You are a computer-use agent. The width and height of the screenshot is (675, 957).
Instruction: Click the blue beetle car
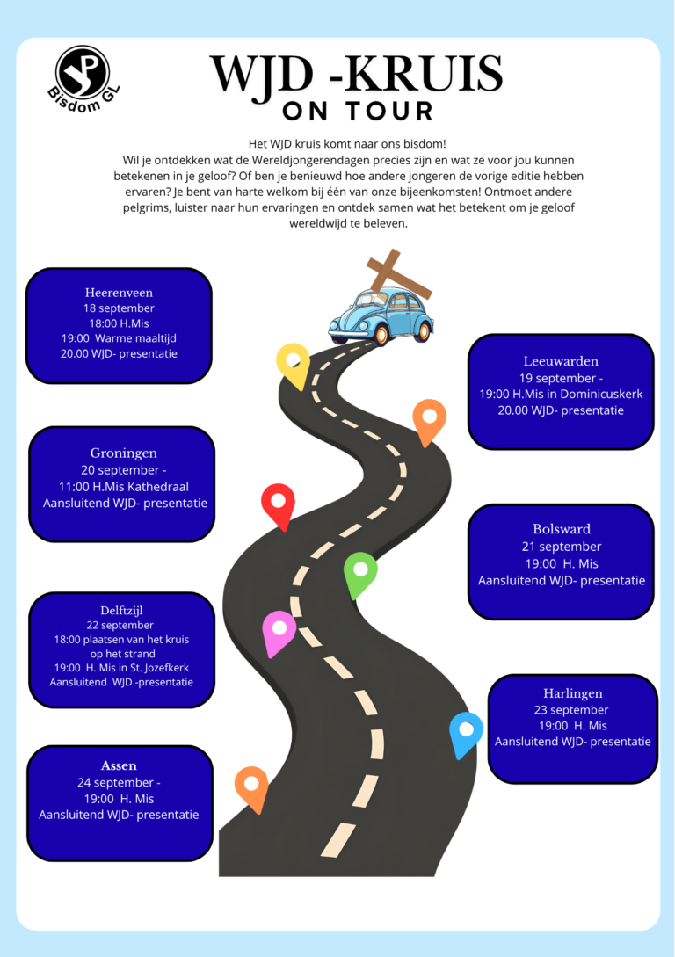point(381,316)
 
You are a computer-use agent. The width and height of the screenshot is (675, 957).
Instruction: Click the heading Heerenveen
point(119,293)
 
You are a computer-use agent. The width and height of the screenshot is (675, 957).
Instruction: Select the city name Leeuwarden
point(561,360)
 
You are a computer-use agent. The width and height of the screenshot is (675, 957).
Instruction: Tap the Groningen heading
point(124,453)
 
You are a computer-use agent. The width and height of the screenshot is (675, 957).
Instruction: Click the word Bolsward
point(562,528)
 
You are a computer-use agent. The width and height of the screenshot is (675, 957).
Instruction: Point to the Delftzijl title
point(121,611)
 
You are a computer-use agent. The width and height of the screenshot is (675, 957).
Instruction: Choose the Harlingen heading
point(572,693)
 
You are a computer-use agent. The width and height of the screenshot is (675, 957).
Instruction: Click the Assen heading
point(119,765)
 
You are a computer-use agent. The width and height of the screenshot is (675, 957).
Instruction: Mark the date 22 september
point(120,625)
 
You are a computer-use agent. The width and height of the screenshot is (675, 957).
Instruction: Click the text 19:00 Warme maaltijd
point(119,338)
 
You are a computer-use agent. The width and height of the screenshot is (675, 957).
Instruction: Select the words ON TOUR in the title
point(359,111)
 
